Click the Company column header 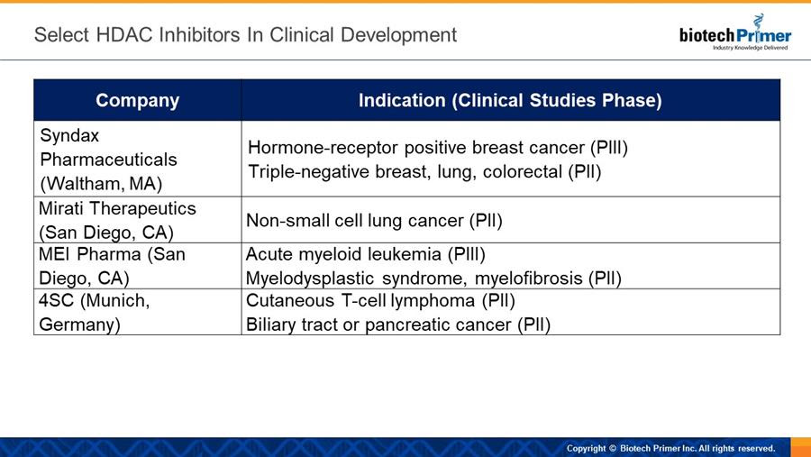pos(138,100)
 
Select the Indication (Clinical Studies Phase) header pos(510,100)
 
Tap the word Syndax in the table pos(69,136)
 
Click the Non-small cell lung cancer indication pos(375,221)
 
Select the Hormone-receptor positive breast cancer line pos(438,148)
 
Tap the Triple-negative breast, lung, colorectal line pos(424,172)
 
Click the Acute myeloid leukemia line pos(366,254)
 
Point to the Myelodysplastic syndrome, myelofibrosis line pos(433,279)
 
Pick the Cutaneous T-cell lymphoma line pos(380,301)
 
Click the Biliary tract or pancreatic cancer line pos(398,325)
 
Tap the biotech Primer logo pos(735,33)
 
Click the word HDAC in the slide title pos(124,35)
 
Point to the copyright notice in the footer pos(670,448)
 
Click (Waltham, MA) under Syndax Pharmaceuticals pos(101,184)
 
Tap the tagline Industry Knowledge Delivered pos(750,48)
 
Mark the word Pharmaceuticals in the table pos(109,160)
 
